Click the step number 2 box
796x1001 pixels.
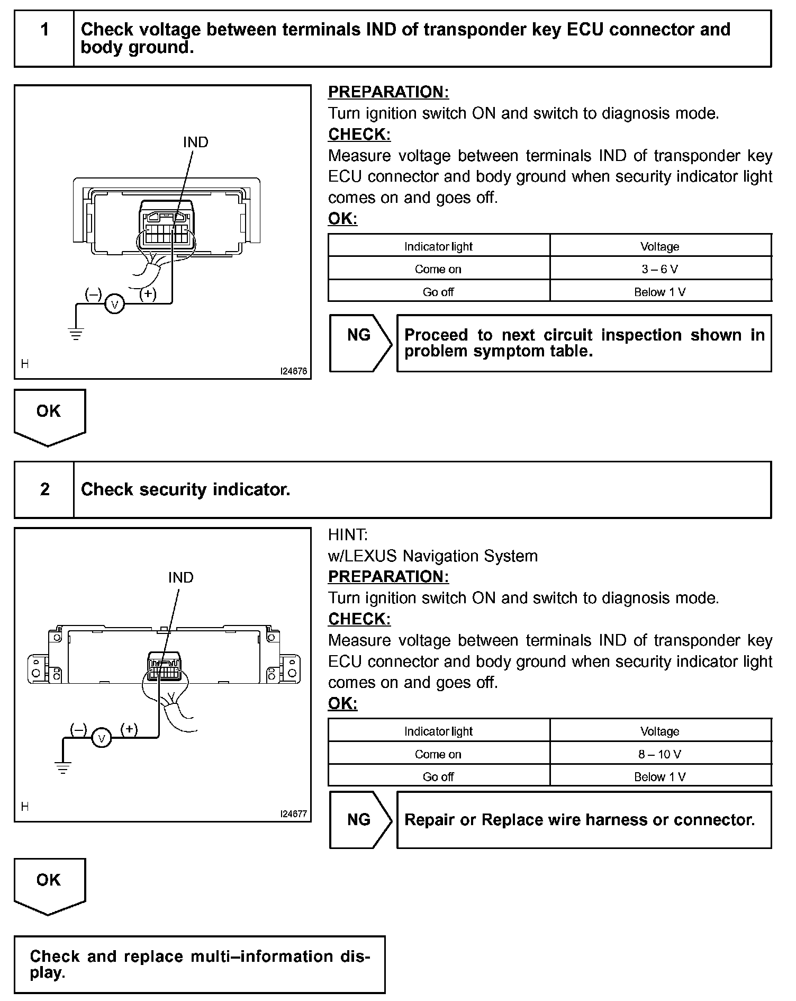click(44, 489)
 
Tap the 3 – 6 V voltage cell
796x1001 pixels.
click(660, 269)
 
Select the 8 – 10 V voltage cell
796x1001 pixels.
click(660, 754)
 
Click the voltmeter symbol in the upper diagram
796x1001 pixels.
click(114, 305)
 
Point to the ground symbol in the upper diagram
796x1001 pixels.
click(76, 334)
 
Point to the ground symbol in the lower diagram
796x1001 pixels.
click(63, 768)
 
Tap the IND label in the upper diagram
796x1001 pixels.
click(195, 142)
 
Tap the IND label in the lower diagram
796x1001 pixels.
click(180, 577)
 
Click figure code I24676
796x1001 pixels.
click(294, 372)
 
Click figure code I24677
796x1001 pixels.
click(294, 814)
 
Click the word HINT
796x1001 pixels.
click(348, 535)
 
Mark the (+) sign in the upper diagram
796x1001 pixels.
click(148, 293)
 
